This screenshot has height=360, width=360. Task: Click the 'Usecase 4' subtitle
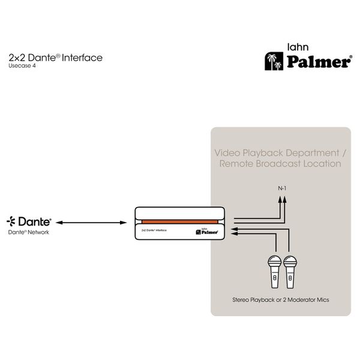tap(22, 66)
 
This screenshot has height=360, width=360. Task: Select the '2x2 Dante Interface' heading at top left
tap(56, 58)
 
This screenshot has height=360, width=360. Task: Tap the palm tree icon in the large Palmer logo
tap(274, 61)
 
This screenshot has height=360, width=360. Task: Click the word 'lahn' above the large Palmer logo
tap(298, 47)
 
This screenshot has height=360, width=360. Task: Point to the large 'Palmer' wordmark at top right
tap(319, 62)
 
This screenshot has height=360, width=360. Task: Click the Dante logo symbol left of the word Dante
tap(11, 221)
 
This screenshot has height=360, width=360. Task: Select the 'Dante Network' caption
tap(28, 232)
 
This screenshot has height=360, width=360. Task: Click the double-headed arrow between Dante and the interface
tap(91, 223)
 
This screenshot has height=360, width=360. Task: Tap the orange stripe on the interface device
tap(180, 222)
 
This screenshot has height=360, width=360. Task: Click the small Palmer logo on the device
tap(207, 232)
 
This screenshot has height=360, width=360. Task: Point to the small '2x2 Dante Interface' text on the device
tap(154, 230)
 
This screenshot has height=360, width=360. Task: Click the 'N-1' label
tap(282, 188)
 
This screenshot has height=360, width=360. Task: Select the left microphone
tap(275, 272)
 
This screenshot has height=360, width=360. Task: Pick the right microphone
tap(290, 272)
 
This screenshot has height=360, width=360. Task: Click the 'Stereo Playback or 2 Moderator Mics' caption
tap(281, 300)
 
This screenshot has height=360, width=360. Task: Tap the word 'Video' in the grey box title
tap(227, 153)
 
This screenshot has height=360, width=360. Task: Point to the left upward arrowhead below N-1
tap(280, 199)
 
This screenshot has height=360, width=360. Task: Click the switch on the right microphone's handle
tap(290, 278)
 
